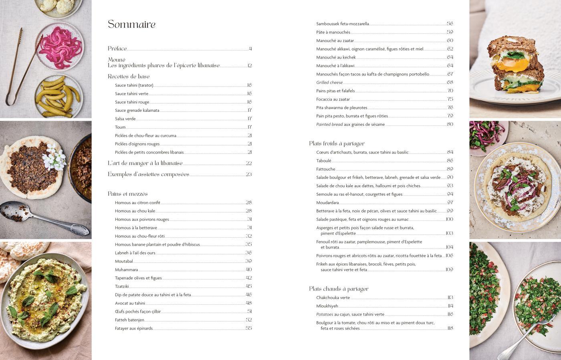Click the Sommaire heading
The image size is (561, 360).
[131, 24]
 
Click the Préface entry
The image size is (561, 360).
[117, 49]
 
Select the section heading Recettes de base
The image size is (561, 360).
[129, 77]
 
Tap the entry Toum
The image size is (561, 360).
[120, 127]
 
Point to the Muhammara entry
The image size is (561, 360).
[126, 269]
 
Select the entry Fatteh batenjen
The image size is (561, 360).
[129, 320]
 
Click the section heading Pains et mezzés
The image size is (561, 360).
[128, 194]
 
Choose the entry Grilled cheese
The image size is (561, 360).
[329, 82]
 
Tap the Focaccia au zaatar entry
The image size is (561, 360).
[333, 99]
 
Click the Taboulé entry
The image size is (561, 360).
[324, 161]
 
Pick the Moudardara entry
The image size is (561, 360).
[327, 202]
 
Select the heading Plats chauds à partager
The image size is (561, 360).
[339, 289]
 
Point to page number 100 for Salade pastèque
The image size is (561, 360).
[449, 219]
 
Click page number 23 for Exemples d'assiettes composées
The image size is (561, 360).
[248, 174]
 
